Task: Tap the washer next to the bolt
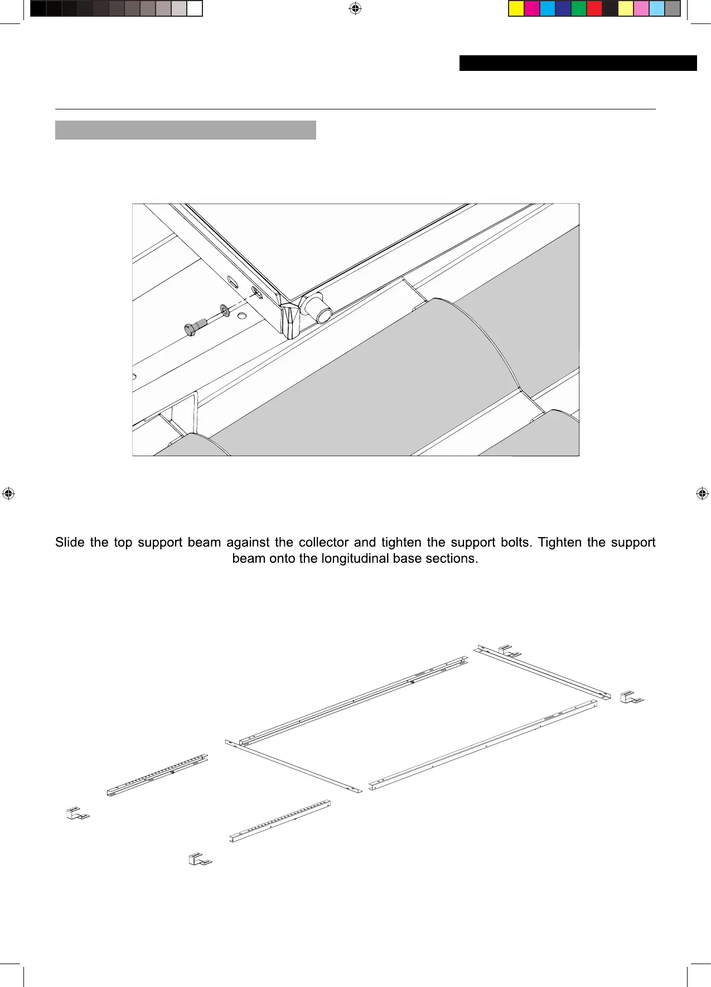pyautogui.click(x=224, y=310)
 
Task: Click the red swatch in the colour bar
pyautogui.click(x=594, y=9)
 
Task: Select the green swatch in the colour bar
pyautogui.click(x=579, y=9)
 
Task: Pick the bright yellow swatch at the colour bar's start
pyautogui.click(x=516, y=9)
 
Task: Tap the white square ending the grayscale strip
pyautogui.click(x=194, y=9)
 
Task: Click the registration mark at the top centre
pyautogui.click(x=355, y=8)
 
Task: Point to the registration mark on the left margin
pyautogui.click(x=8, y=493)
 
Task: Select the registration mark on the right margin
pyautogui.click(x=702, y=493)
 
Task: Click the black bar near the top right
pyautogui.click(x=578, y=63)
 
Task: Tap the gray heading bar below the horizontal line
pyautogui.click(x=185, y=130)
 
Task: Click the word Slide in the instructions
pyautogui.click(x=70, y=543)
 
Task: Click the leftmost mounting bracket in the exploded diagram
pyautogui.click(x=78, y=813)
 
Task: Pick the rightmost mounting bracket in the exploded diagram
pyautogui.click(x=632, y=697)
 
